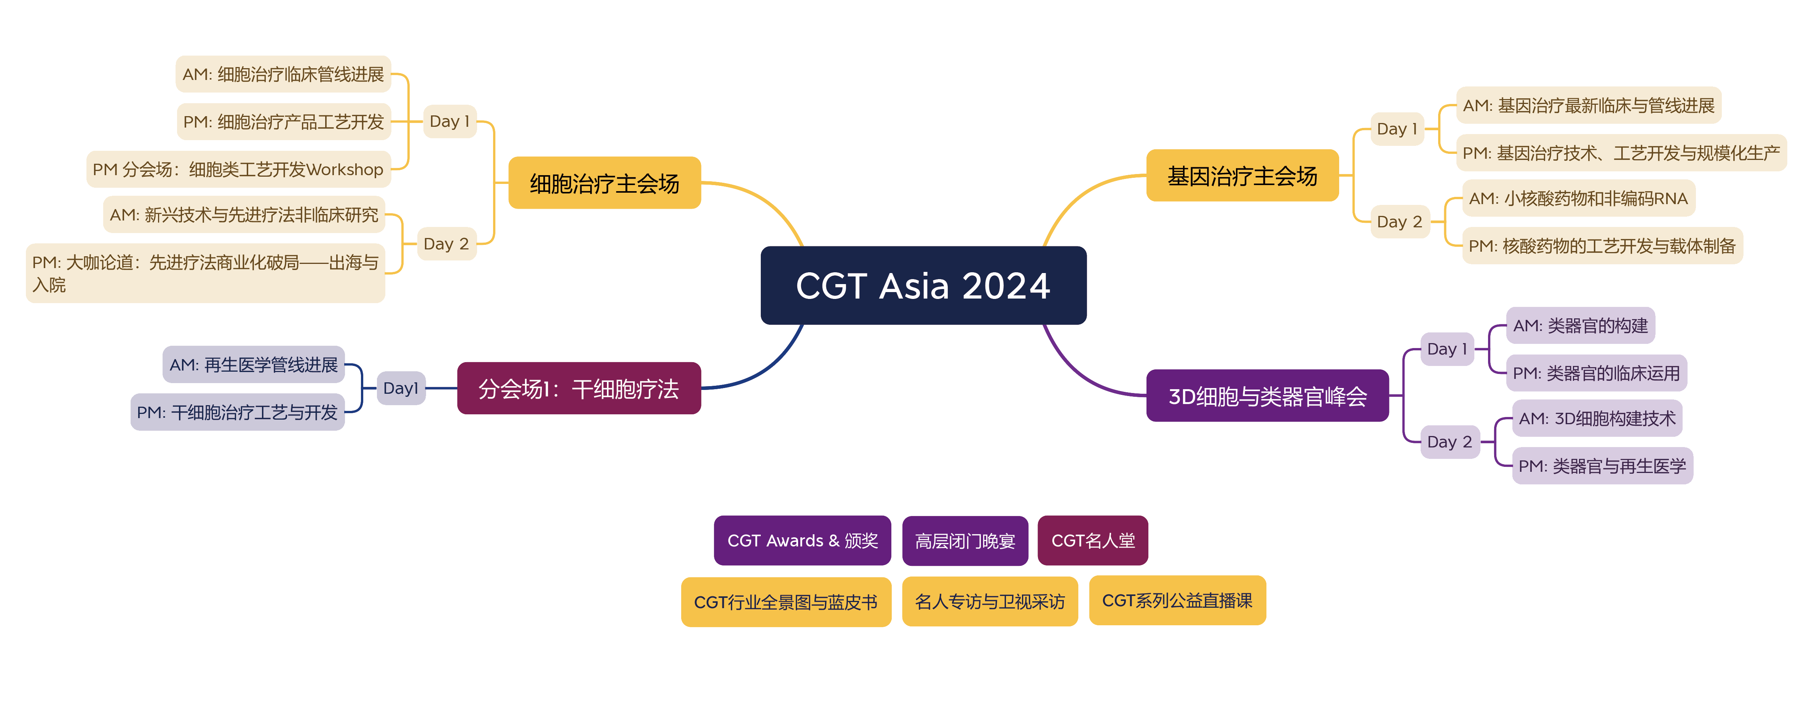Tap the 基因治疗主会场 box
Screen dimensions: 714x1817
[x=1242, y=176]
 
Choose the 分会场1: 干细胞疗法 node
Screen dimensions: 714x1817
[x=578, y=388]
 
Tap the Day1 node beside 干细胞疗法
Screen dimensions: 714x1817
[x=401, y=388]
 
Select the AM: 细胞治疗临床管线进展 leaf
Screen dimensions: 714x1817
[x=283, y=74]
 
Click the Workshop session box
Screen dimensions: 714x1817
[x=238, y=169]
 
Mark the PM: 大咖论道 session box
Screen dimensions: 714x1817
[x=205, y=273]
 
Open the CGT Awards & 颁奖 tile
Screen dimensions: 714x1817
[x=802, y=540]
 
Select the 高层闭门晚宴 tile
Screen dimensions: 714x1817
[x=965, y=540]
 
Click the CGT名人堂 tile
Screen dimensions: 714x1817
[x=1092, y=540]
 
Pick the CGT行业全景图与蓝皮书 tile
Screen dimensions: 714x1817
[x=786, y=602]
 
